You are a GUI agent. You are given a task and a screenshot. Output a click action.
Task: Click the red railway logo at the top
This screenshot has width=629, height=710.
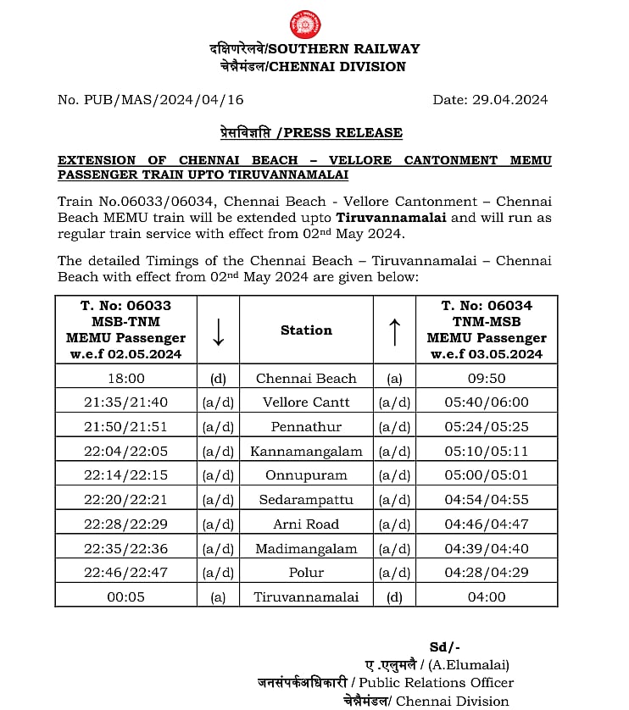pyautogui.click(x=306, y=24)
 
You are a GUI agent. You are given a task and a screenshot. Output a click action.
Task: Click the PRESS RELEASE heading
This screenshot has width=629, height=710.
pyautogui.click(x=306, y=132)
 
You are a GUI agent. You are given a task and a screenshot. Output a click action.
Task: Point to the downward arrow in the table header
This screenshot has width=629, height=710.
pyautogui.click(x=218, y=330)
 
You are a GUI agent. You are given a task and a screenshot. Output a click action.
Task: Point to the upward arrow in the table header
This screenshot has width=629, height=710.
pyautogui.click(x=394, y=330)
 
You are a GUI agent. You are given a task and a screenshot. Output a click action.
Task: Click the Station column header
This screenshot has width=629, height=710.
pyautogui.click(x=306, y=330)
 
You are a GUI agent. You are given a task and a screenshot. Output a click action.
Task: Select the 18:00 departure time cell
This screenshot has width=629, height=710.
pyautogui.click(x=125, y=379)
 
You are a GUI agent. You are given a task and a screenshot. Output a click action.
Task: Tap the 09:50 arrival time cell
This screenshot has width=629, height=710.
pyautogui.click(x=487, y=379)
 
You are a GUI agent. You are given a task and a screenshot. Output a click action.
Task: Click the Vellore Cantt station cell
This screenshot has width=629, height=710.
pyautogui.click(x=306, y=402)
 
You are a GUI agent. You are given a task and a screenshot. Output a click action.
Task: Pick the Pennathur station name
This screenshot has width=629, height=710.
pyautogui.click(x=306, y=427)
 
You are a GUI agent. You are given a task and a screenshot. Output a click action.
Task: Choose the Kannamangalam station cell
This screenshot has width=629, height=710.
pyautogui.click(x=306, y=452)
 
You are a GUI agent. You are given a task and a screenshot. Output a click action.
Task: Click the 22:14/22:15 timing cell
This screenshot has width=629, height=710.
pyautogui.click(x=125, y=475)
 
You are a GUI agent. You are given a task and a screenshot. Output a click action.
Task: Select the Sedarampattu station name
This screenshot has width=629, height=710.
pyautogui.click(x=306, y=500)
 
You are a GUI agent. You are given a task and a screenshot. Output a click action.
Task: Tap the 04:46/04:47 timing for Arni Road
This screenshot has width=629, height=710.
pyautogui.click(x=487, y=524)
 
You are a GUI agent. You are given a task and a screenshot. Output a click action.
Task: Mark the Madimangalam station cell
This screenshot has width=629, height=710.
pyautogui.click(x=306, y=549)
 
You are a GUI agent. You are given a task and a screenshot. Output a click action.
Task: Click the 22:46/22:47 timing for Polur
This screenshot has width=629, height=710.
pyautogui.click(x=125, y=573)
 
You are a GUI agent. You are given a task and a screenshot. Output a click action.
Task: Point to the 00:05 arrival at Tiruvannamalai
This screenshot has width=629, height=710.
pyautogui.click(x=125, y=597)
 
